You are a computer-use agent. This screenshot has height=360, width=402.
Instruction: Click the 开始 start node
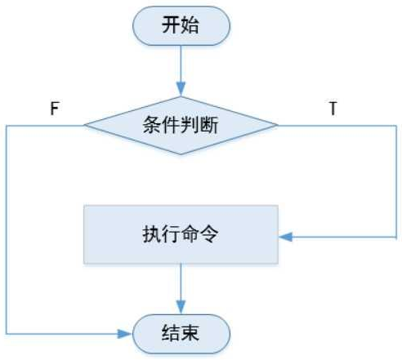[x=181, y=27]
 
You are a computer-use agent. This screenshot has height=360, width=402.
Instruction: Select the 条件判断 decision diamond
[x=181, y=126]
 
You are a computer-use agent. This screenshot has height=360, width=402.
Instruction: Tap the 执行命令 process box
[x=181, y=233]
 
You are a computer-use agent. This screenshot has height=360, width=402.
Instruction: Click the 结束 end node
[x=181, y=334]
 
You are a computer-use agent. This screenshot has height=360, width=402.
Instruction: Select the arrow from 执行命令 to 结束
[x=181, y=287]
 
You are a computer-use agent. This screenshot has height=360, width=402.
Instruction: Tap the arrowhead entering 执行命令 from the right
[x=285, y=238]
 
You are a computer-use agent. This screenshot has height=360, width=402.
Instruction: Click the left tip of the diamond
[x=85, y=126]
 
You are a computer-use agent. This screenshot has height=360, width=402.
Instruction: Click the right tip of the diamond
[x=278, y=126]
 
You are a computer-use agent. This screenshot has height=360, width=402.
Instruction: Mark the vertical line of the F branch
[x=7, y=229]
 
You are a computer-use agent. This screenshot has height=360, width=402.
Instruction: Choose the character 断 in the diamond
[x=213, y=126]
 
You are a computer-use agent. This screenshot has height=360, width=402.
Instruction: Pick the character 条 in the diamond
[x=150, y=126]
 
